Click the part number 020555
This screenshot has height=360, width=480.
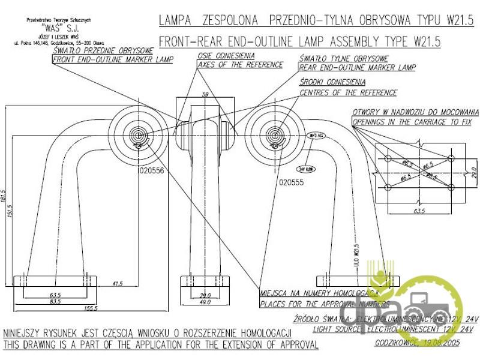point(292,179)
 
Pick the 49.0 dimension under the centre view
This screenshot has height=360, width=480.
point(206,302)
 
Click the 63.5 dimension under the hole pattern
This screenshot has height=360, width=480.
point(418,212)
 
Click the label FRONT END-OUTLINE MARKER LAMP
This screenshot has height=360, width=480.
point(113,59)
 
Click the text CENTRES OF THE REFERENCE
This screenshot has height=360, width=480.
point(348,92)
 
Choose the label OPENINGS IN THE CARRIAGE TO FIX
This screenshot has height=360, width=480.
point(415,121)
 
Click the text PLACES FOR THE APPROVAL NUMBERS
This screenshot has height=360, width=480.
point(325,304)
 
